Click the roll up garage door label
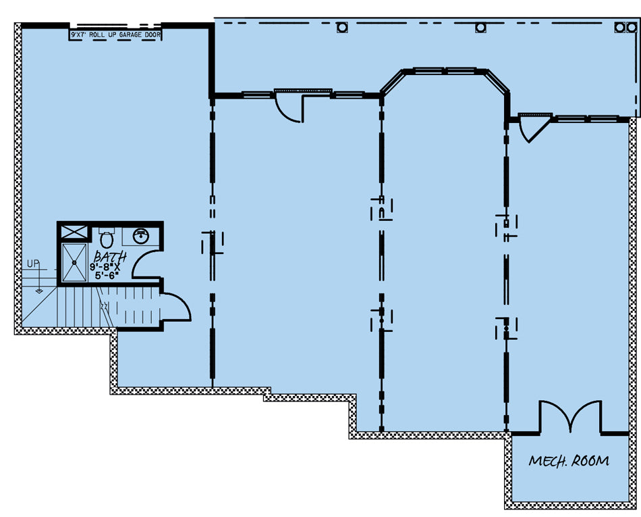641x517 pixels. [115, 34]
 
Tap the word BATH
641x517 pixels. [110, 257]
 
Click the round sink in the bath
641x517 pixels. [140, 236]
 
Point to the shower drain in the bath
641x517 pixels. [74, 262]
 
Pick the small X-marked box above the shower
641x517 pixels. [74, 232]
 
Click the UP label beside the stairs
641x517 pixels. [33, 264]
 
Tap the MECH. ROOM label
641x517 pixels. [569, 461]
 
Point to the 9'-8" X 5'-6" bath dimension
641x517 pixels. [105, 272]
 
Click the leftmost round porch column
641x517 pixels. [342, 28]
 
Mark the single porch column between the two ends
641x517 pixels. [480, 28]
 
